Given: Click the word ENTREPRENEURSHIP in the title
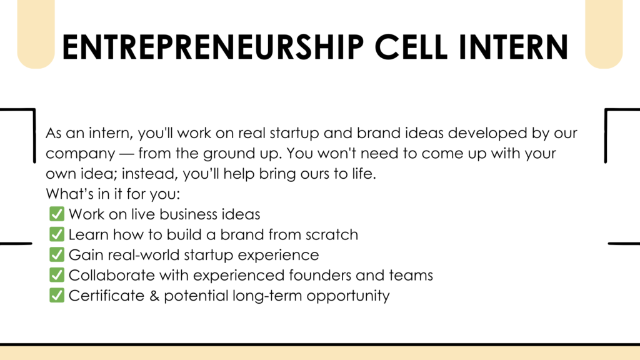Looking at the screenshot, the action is pos(212,47).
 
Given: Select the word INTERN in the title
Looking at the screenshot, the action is pos(514,47).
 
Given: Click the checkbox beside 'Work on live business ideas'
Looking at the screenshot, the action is pos(57,214).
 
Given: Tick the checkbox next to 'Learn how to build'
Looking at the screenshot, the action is pos(57,234).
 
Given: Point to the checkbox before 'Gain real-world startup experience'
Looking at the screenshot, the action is pos(57,254).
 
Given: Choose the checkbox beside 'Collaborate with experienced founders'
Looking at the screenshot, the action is pos(57,275).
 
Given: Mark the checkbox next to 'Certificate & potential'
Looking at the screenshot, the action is pos(57,295).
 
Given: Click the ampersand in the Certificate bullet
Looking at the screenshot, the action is pos(154,296).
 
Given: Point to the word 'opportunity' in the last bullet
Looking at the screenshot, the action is pos(348,296).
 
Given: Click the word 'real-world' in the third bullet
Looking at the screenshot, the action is pos(144,255).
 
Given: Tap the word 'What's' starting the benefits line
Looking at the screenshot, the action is pos(69,194).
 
